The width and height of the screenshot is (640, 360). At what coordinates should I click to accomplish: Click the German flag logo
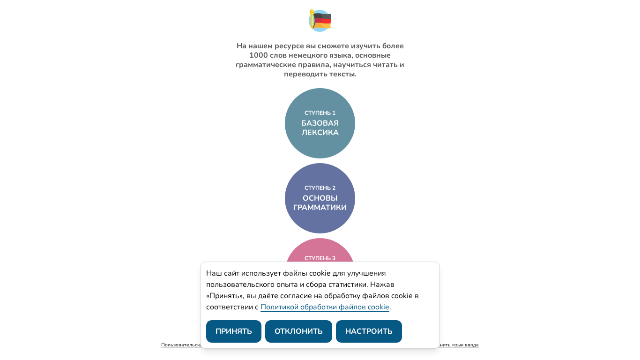coord(320,20)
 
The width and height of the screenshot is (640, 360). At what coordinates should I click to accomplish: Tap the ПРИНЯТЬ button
coord(233,331)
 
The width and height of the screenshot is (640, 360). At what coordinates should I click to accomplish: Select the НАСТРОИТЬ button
coord(369,331)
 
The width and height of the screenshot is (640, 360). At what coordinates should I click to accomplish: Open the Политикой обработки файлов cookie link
coord(325,307)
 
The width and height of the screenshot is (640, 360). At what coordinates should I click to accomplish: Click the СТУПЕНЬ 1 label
coord(320,113)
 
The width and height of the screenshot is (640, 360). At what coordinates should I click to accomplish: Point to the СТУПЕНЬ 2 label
coord(320,188)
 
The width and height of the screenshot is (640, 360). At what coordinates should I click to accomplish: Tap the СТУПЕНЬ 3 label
coord(320,258)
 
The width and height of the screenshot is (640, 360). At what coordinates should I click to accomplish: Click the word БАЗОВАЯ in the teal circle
coord(320,123)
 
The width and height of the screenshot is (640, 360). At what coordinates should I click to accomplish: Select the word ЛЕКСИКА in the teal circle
coord(320,133)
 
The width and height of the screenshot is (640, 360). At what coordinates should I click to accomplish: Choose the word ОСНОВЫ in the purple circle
coord(320,198)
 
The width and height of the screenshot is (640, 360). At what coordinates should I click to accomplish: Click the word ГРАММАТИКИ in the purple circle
coord(320,208)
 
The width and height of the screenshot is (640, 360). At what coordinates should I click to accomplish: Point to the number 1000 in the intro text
coord(258,55)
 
